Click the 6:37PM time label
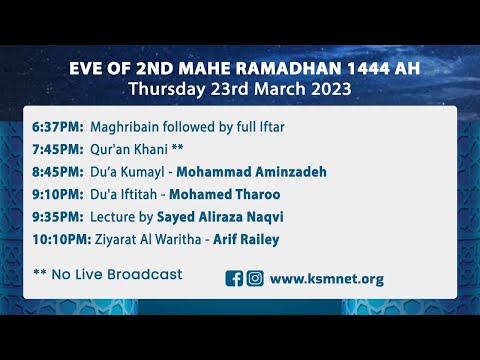point(58,129)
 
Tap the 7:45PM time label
point(58,150)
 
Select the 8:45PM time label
point(58,172)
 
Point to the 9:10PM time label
point(58,193)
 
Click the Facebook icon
point(235,279)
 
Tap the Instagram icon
point(255,279)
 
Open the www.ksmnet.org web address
point(327,279)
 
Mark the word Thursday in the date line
point(164,88)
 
